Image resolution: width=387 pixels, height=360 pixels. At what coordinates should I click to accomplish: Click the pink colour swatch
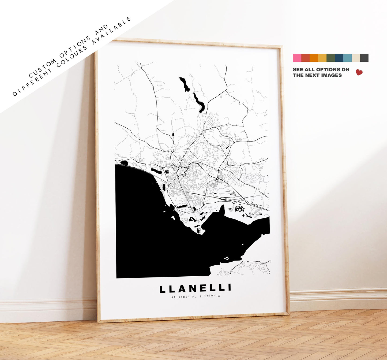(x=297, y=58)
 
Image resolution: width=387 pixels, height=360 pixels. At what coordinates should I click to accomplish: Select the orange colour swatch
(x=314, y=58)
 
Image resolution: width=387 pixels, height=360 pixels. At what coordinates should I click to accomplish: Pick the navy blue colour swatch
(x=339, y=58)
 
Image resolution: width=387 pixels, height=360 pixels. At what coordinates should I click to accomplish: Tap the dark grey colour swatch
(x=364, y=58)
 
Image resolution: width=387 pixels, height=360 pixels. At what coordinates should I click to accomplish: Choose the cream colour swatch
(x=356, y=58)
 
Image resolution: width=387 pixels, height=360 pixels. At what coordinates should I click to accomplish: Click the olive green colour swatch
(x=331, y=58)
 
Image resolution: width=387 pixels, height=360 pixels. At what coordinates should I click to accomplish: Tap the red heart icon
(x=359, y=72)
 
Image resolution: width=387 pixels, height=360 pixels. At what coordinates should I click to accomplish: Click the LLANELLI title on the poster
(x=195, y=289)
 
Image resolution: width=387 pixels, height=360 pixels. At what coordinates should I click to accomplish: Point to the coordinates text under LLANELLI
(x=195, y=296)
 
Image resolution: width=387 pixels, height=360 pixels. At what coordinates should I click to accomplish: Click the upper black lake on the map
(x=185, y=84)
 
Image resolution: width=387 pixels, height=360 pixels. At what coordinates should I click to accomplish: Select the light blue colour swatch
(x=348, y=58)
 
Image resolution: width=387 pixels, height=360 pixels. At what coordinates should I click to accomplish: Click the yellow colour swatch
(x=322, y=58)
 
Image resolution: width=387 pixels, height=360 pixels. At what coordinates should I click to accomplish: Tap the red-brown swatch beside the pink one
(x=305, y=58)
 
